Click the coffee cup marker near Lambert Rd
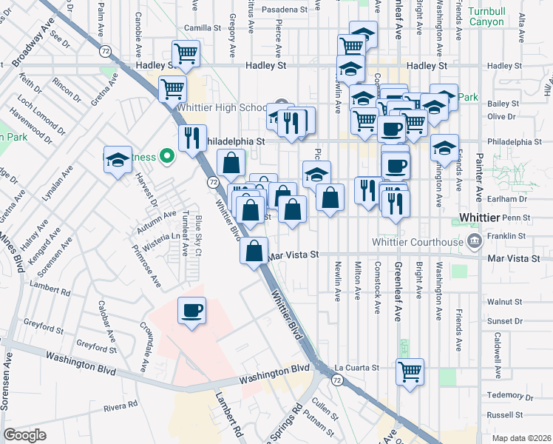pos(192,309)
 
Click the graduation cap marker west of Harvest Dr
pos(118,161)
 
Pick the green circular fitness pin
pos(167,156)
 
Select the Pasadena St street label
pos(282,10)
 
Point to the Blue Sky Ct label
pos(199,235)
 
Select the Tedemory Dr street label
pos(505,394)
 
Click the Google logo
pos(25,435)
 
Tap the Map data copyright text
pos(520,438)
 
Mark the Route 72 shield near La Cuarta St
pos(337,380)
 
